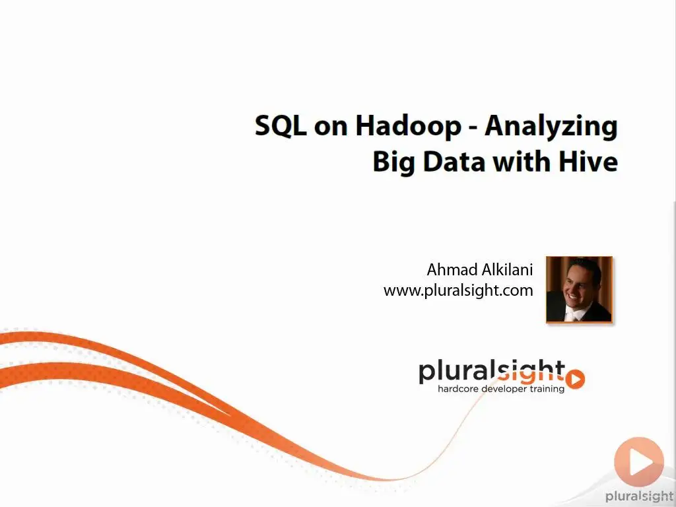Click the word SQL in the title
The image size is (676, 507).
pos(280,126)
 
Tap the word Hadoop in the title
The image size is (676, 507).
pos(408,125)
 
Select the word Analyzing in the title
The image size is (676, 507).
pos(551,127)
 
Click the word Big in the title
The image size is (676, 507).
pos(393,162)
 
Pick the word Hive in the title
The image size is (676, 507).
pos(588,161)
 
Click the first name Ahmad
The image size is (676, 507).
pos(451,269)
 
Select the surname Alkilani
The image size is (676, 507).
pos(507,269)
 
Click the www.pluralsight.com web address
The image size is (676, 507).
pos(458,290)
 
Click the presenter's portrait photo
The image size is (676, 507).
pos(579,289)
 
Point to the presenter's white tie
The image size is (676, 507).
pos(572,316)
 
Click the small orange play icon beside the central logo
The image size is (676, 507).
pos(575,379)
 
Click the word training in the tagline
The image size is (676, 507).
pos(547,389)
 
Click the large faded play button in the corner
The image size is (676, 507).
pos(639,461)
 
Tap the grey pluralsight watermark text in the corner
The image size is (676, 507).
pos(640,496)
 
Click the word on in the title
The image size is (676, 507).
pos(331,127)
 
